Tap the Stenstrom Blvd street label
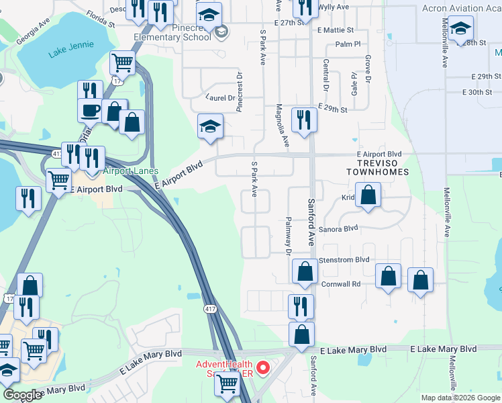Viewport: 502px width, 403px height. pos(344,259)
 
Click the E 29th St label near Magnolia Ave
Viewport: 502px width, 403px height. pos(333,108)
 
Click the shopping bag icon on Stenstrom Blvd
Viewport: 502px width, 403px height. pos(305,271)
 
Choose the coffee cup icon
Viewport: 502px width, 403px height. pos(91,109)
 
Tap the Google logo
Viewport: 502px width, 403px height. pos(23,395)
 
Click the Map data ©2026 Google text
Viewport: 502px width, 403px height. pos(460,398)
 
